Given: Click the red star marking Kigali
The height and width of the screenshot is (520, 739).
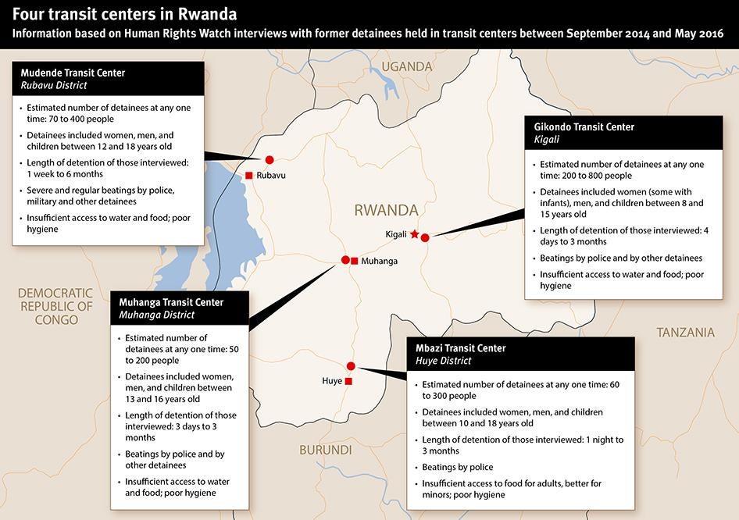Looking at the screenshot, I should point(414,234).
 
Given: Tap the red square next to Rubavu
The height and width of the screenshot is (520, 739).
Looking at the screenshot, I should point(248,176).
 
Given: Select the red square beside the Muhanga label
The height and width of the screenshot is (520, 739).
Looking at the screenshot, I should point(355,261).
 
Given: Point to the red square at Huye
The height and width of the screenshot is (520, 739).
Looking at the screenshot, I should point(348,382).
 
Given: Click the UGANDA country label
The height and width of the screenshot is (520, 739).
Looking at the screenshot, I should point(407,67).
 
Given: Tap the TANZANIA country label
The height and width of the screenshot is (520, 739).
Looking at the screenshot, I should point(685,333).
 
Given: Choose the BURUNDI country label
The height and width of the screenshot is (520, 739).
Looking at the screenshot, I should point(326,451).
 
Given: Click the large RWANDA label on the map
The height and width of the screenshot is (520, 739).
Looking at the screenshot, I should point(386,210).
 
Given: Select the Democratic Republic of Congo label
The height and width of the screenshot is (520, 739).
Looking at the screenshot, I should point(55,305).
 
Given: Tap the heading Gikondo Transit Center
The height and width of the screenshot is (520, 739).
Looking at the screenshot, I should point(584,126).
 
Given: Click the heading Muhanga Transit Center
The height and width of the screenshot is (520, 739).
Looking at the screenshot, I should point(171,302).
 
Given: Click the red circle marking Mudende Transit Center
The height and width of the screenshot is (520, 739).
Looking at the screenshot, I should point(270,159).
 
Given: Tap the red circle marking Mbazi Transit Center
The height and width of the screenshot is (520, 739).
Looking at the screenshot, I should point(351,366).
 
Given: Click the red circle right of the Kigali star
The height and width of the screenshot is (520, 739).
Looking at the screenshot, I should point(425,237).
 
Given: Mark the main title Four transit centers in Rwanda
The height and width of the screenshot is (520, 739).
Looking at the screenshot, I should point(125,15).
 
